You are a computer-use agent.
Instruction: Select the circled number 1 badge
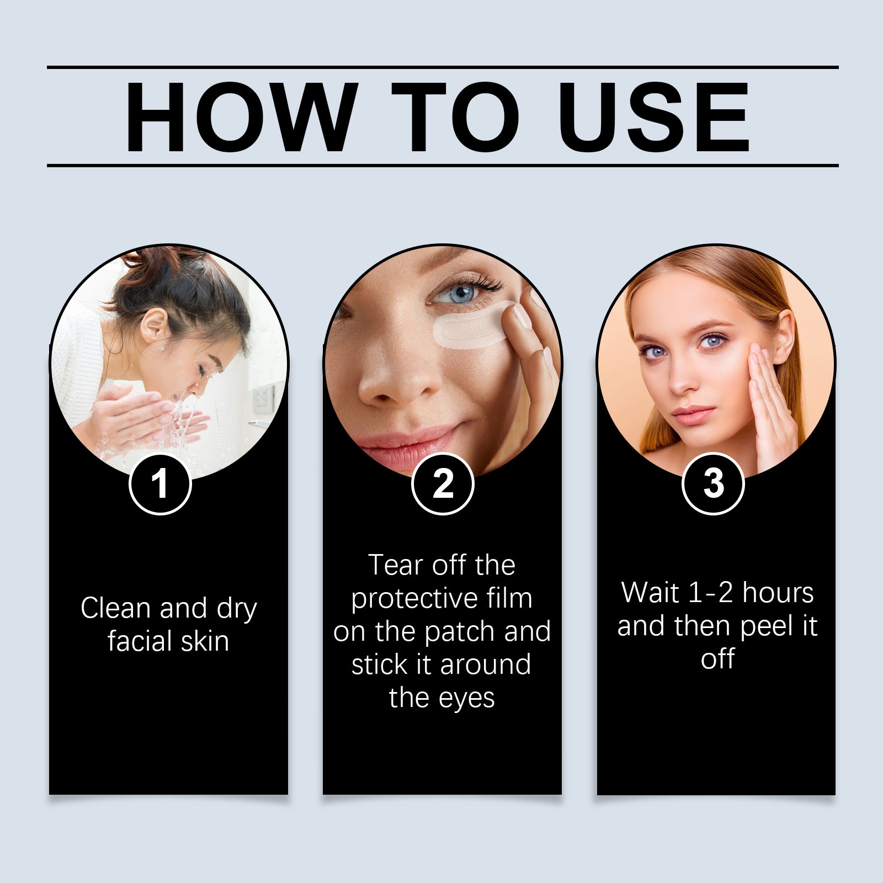(160, 484)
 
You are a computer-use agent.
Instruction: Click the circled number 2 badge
(443, 484)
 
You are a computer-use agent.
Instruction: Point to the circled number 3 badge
(713, 484)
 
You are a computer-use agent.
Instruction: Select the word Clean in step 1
(115, 608)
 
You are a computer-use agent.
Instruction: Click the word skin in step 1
(205, 641)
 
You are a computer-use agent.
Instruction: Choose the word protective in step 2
(408, 599)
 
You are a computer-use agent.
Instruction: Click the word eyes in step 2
(467, 699)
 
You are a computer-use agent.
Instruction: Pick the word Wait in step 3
(650, 593)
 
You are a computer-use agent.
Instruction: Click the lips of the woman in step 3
(693, 413)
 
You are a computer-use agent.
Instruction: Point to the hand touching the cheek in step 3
(773, 397)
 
